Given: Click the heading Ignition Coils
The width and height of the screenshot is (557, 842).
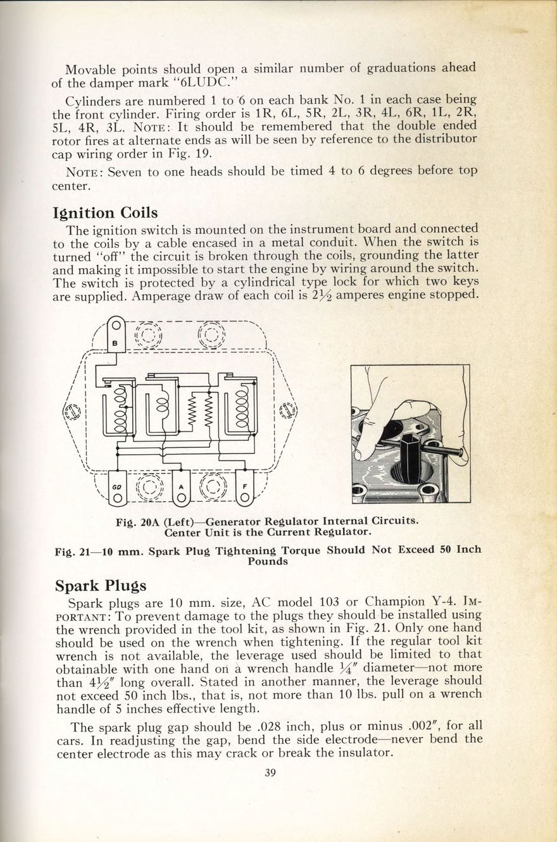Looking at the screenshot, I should [x=105, y=212].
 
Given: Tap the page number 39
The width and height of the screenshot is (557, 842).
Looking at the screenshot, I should [x=272, y=771].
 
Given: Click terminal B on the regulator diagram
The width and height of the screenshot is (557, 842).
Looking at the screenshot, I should [x=115, y=336].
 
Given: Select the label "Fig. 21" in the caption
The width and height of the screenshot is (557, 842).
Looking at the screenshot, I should [x=73, y=550].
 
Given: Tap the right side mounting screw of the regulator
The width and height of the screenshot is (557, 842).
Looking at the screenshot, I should [x=287, y=411].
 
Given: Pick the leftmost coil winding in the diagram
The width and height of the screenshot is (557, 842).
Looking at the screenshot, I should [x=119, y=411].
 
